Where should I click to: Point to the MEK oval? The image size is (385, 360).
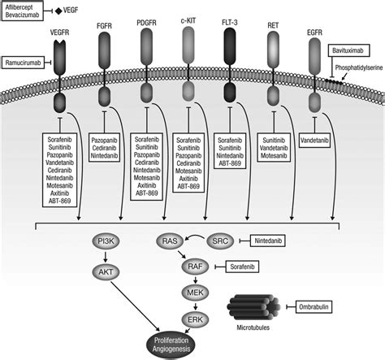[x=192, y=290]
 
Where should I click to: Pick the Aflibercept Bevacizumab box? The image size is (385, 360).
[x=24, y=12]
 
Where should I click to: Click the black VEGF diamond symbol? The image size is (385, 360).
[x=58, y=11]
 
